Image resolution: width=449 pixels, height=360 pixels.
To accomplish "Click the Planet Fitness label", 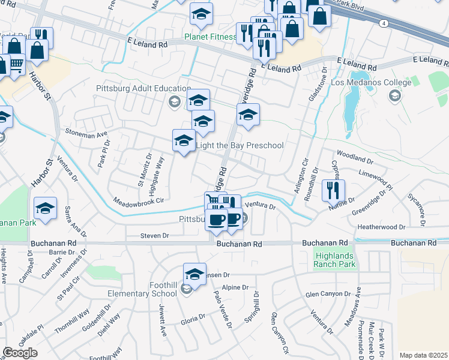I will click(x=210, y=37).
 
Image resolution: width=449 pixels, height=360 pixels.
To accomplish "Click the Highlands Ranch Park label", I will click(x=335, y=260).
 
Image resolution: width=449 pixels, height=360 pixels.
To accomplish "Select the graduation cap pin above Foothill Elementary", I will click(x=194, y=274).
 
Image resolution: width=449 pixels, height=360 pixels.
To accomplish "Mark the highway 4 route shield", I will click(x=382, y=23).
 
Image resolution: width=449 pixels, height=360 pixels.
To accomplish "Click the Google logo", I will click(x=20, y=353).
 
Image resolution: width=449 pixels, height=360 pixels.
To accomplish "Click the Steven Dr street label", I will click(x=154, y=236).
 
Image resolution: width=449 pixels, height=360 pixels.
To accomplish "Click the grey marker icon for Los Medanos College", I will click(x=395, y=96).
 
